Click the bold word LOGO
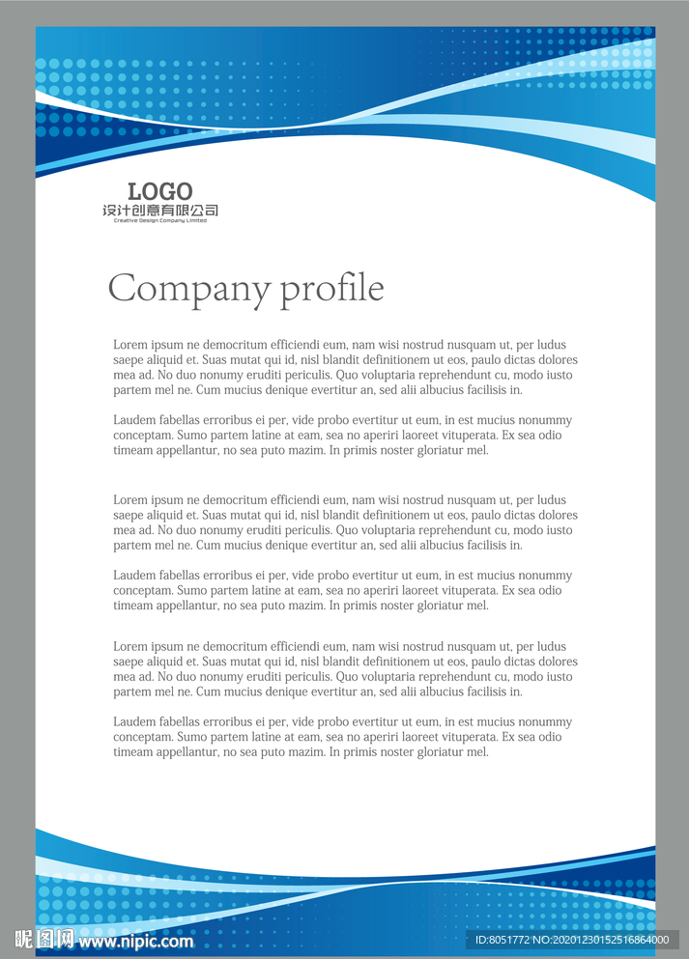click(x=160, y=191)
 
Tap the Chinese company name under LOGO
click(x=160, y=211)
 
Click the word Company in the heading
click(x=188, y=289)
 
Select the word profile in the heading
click(x=331, y=289)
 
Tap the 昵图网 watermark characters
click(x=44, y=939)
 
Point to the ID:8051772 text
click(x=505, y=940)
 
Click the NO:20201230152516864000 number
click(x=604, y=940)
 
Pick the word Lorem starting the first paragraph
click(x=129, y=345)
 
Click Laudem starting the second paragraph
click(x=134, y=420)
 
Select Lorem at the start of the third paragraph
click(x=129, y=500)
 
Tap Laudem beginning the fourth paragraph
click(x=134, y=576)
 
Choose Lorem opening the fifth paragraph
click(x=129, y=647)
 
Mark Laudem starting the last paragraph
click(x=134, y=722)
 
